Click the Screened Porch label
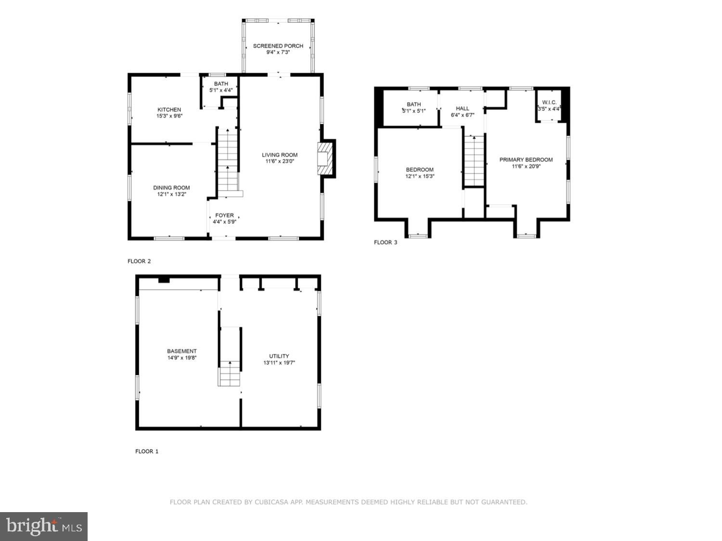coord(278,46)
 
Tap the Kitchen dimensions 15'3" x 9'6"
coord(169,116)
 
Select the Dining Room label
coord(171,188)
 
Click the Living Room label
coord(280,155)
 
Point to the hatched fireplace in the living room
coord(325,158)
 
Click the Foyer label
coord(224,215)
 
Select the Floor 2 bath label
coord(221,84)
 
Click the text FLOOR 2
coord(139,261)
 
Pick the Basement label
coord(182,351)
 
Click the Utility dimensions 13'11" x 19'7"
coord(279,363)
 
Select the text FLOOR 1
coord(147,451)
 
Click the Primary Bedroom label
coord(526,160)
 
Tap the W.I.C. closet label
coord(549,103)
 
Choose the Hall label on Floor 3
coord(463,109)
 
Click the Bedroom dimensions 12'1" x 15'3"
coord(420,176)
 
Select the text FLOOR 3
coord(386,243)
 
